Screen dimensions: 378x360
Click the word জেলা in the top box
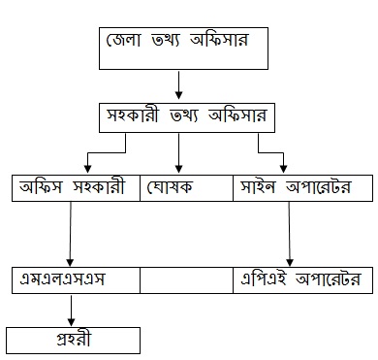123,40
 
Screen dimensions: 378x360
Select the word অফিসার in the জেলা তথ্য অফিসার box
219,41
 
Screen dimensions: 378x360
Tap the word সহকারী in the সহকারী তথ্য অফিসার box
133,115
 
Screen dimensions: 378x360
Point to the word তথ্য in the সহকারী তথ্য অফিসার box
183,116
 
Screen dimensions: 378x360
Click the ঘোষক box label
170,187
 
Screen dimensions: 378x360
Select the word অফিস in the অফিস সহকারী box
41,187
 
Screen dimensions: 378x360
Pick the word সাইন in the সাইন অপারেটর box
258,187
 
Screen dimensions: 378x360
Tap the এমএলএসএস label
62,278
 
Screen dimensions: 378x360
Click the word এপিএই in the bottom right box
264,278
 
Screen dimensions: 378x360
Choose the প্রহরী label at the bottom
74,340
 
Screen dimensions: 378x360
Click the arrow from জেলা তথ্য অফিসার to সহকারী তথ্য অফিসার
178,84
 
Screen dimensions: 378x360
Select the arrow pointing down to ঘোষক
178,152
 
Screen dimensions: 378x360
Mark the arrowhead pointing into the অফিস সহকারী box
87,169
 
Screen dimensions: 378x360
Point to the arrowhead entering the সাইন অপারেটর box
283,169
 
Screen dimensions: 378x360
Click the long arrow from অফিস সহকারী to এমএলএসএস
71,234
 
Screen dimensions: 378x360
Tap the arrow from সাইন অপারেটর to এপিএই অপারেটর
289,234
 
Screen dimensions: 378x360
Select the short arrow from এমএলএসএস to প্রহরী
71,310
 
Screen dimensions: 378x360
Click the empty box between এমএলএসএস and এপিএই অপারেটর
186,280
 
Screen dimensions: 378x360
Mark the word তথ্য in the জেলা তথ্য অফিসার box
165,41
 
